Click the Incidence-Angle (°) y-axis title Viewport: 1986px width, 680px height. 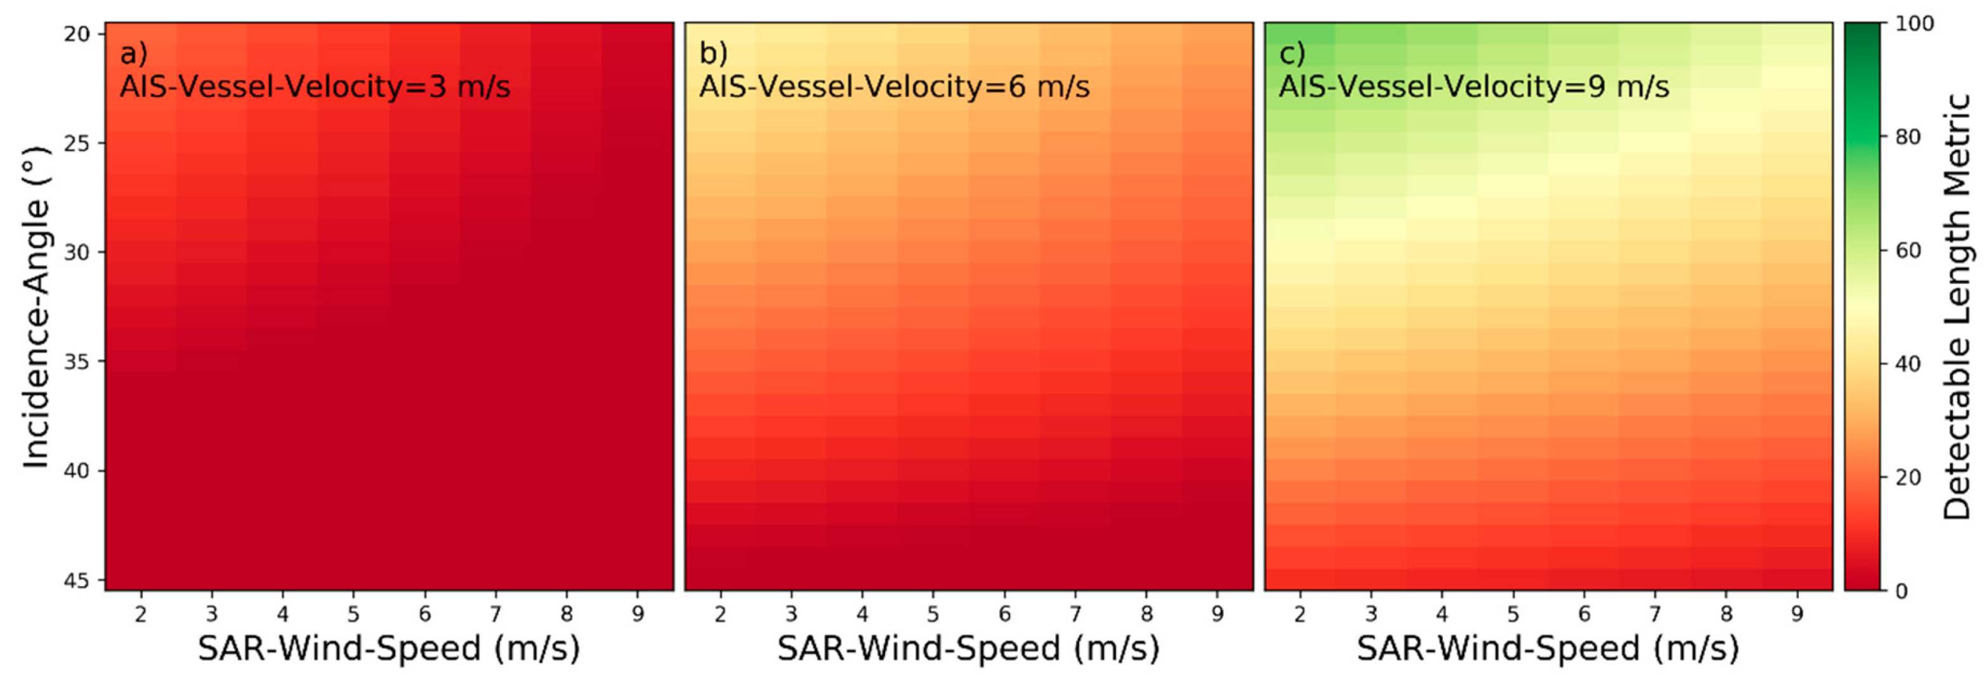click(36, 306)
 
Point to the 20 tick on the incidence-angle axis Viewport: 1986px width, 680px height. click(77, 34)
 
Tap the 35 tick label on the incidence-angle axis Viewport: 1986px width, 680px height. click(77, 362)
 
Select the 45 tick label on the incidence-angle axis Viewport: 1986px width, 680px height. click(77, 580)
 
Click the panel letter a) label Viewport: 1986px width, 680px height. click(134, 54)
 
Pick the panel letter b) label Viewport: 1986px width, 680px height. click(713, 54)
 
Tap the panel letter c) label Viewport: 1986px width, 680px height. click(1292, 54)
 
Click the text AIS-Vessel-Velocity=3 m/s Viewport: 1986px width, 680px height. click(315, 86)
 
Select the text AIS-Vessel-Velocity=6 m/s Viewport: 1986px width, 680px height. click(894, 86)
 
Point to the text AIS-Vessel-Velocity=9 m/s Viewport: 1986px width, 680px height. click(1474, 86)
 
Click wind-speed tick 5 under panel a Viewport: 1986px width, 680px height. click(354, 615)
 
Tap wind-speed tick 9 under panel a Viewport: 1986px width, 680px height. click(638, 615)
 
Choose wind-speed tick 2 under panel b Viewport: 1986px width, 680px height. click(720, 615)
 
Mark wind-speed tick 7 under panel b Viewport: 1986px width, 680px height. click(1075, 615)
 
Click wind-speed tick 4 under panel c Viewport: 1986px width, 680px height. click(1442, 615)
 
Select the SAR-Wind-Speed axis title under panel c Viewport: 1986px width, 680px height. click(1548, 649)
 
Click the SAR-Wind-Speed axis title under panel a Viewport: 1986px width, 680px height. click(388, 649)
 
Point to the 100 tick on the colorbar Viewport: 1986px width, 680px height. click(1914, 24)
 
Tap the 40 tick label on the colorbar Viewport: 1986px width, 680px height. click(1908, 364)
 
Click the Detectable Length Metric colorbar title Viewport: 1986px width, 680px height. click(1957, 306)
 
